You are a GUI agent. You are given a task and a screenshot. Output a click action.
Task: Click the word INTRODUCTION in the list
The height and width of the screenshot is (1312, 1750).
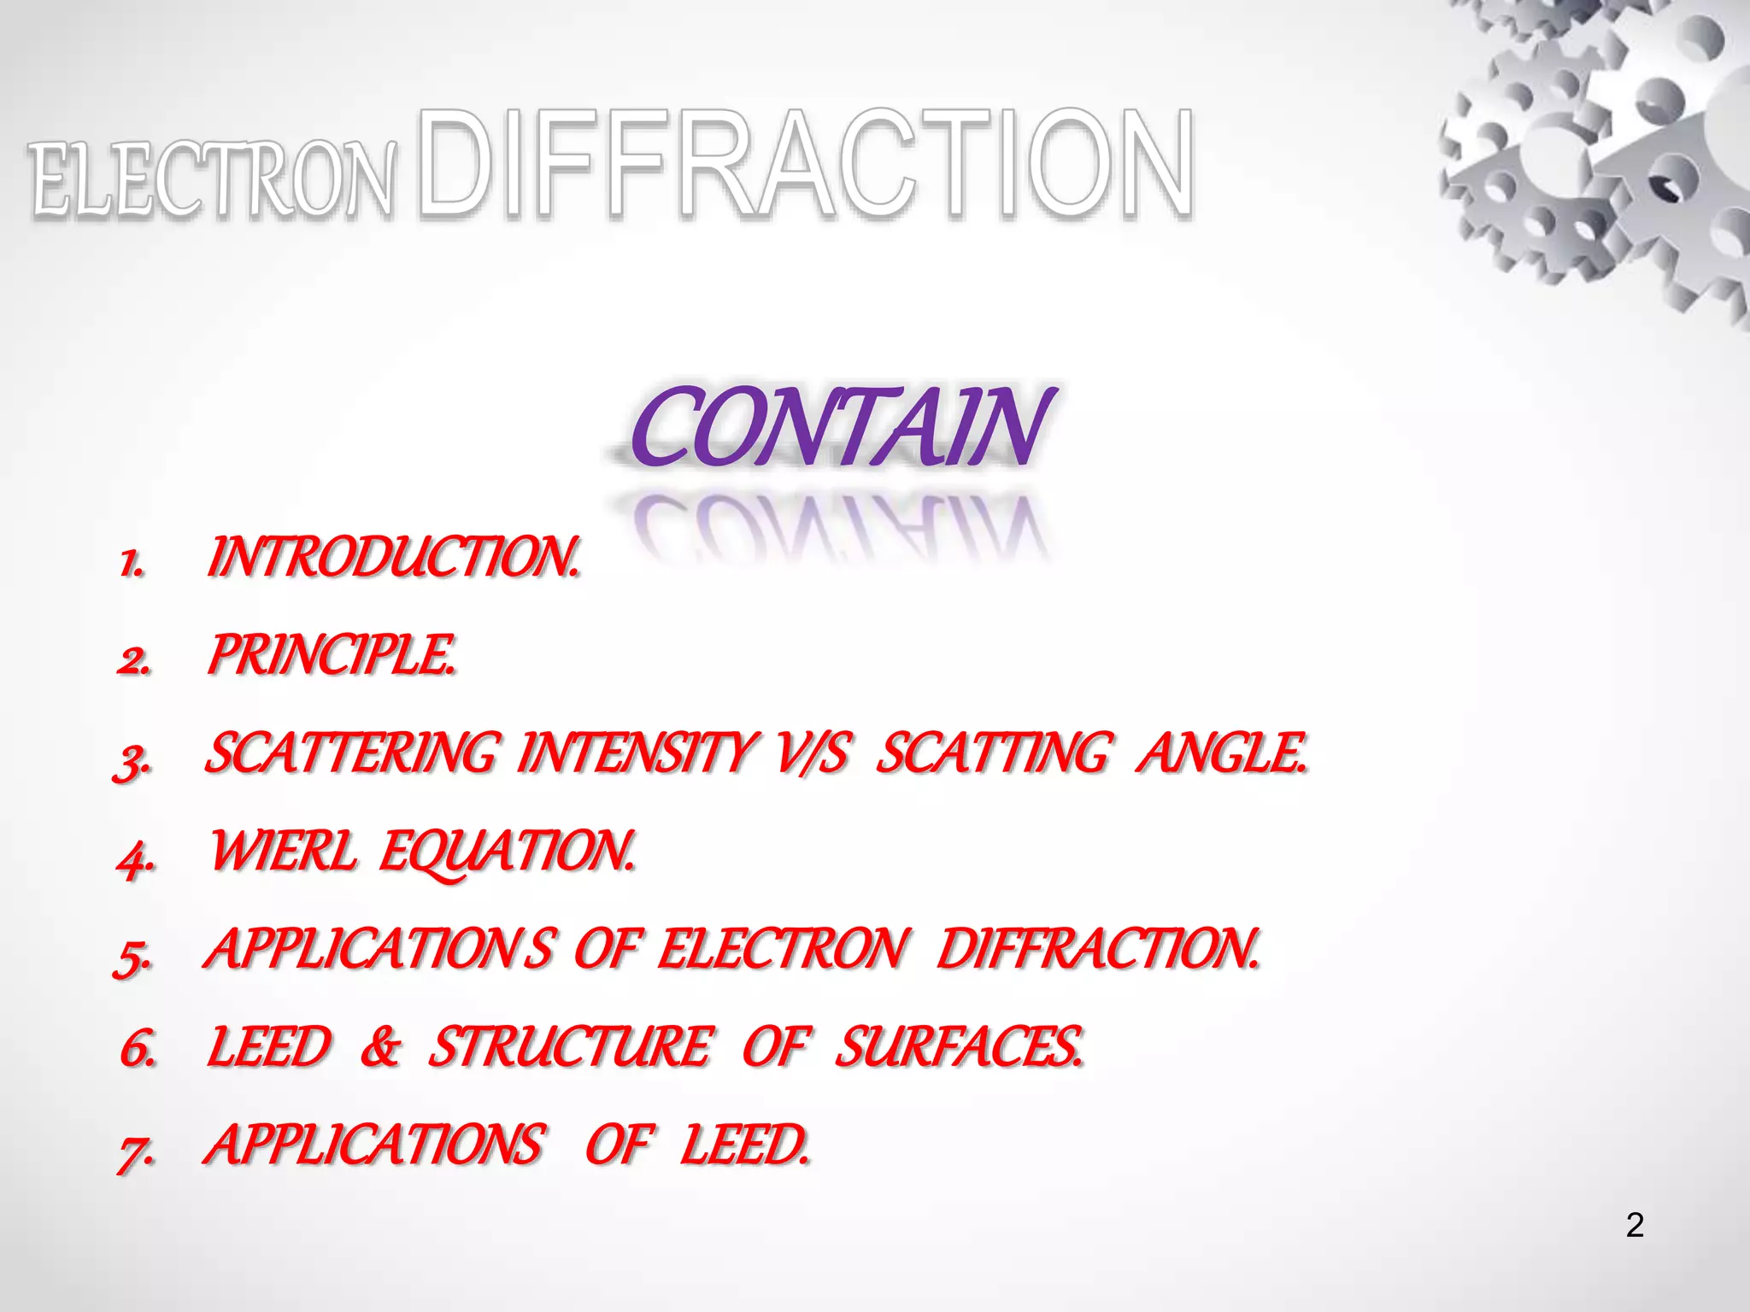click(392, 559)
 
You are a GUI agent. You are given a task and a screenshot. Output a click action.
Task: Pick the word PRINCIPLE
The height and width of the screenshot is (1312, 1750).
click(331, 656)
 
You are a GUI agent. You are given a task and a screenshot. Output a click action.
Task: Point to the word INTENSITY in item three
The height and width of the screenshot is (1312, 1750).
click(637, 754)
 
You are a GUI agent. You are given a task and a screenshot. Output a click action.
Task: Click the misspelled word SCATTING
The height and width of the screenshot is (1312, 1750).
click(995, 754)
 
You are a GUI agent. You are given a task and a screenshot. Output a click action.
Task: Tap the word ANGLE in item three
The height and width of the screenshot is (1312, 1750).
click(1221, 754)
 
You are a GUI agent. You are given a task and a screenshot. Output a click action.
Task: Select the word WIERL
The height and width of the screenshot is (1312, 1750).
click(283, 852)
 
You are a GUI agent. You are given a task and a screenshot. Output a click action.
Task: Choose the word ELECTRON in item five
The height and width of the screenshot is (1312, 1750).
click(782, 949)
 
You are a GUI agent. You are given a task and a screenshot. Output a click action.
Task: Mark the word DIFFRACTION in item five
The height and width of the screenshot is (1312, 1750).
click(1097, 949)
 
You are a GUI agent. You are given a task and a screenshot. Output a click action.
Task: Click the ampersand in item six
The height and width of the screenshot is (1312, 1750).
click(379, 1047)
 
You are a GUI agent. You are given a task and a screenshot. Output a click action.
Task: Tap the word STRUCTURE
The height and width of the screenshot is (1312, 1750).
click(569, 1047)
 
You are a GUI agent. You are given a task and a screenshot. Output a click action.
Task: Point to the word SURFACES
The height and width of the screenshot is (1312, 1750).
click(958, 1047)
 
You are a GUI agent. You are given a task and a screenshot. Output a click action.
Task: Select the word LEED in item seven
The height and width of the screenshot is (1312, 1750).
click(743, 1145)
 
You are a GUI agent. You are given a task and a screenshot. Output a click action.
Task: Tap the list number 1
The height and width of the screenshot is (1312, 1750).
click(132, 564)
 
